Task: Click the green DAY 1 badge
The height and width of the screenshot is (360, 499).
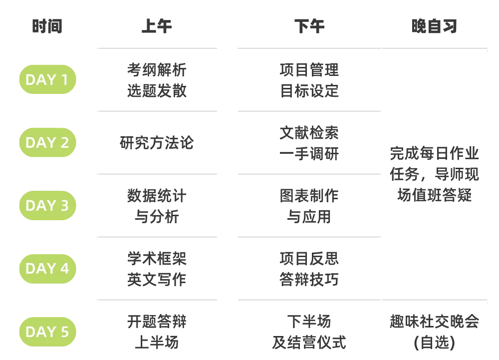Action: click(x=47, y=80)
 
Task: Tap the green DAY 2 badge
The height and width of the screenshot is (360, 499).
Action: click(x=47, y=143)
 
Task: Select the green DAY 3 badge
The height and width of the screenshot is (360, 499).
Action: click(x=47, y=206)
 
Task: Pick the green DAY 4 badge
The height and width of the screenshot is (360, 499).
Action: click(x=47, y=269)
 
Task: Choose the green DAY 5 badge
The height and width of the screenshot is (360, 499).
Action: click(x=47, y=332)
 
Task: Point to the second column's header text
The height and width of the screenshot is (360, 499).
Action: click(x=155, y=26)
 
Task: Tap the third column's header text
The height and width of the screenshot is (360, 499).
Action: click(x=309, y=26)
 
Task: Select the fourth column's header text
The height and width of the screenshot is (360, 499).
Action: click(x=435, y=26)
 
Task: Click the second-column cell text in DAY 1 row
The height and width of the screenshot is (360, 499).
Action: click(x=155, y=80)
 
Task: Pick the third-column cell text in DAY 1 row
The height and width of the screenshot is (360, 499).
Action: click(x=309, y=80)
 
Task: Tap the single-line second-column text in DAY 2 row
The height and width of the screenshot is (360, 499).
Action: click(x=157, y=144)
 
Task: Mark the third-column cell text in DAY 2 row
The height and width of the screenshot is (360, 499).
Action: click(x=309, y=144)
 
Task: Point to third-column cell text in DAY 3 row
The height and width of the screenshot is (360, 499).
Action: click(x=309, y=206)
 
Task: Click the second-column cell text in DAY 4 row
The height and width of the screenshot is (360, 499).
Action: click(x=156, y=269)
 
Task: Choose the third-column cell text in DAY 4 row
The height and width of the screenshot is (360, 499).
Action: click(x=309, y=269)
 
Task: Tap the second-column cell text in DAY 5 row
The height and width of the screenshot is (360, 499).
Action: click(x=155, y=332)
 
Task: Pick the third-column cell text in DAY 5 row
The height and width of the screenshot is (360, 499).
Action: click(x=309, y=332)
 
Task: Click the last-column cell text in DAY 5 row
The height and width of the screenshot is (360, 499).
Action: click(x=434, y=332)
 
